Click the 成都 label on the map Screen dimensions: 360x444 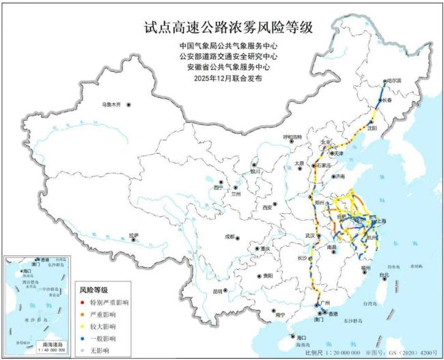point(229,236)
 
